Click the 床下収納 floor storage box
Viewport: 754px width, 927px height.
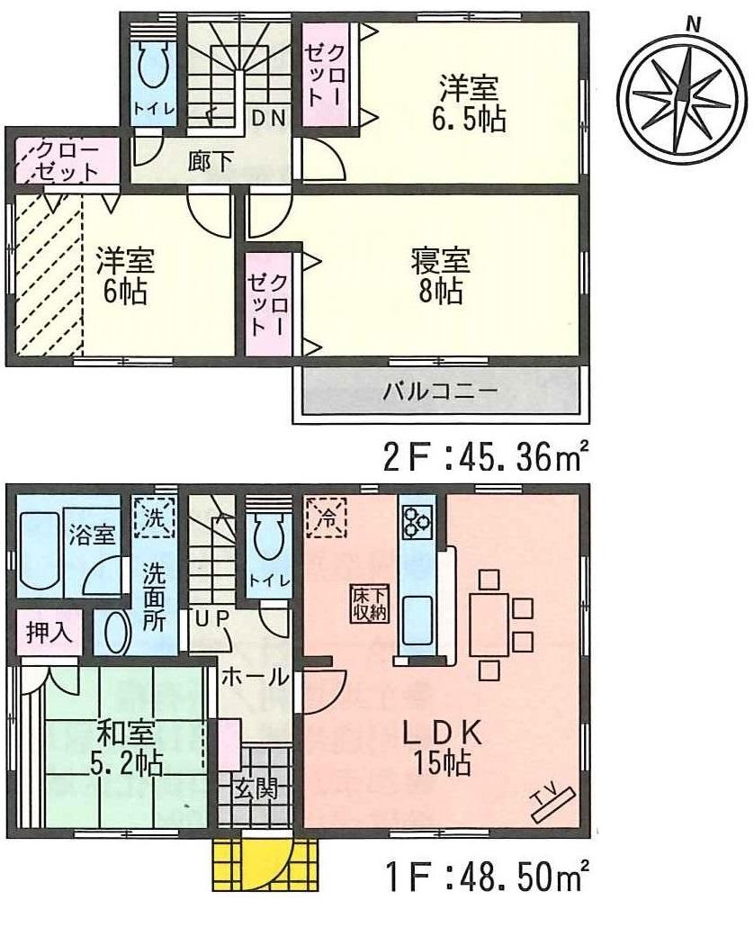point(369,603)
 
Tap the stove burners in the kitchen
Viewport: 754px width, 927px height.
point(417,521)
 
